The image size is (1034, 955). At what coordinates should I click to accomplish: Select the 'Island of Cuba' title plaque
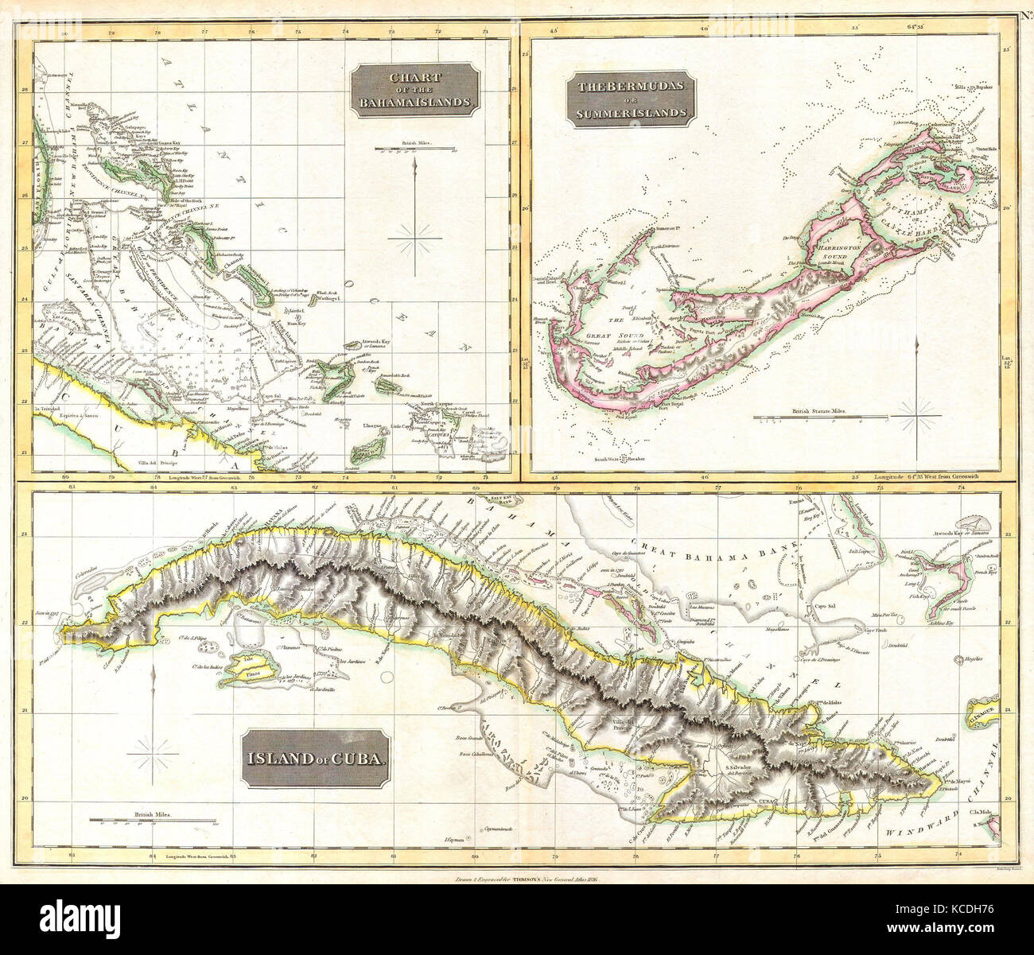pos(317,759)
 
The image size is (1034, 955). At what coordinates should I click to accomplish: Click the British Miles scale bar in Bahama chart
pos(414,149)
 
